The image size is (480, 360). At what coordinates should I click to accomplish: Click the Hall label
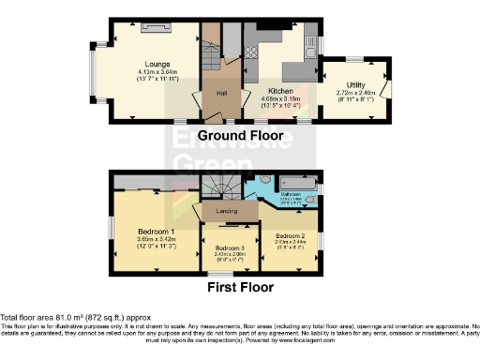tap(222, 94)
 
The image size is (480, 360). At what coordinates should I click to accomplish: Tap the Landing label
tap(226, 212)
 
